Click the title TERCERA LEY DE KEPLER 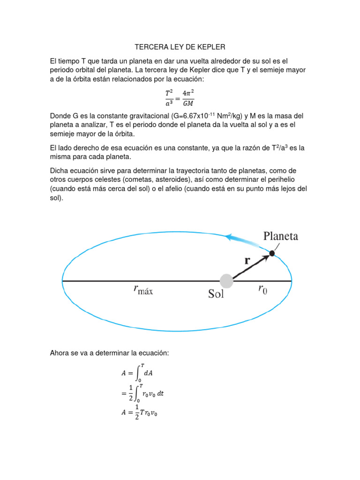click(180, 47)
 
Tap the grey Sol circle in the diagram click(226, 281)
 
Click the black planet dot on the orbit click(272, 253)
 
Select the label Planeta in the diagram click(281, 236)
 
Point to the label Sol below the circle click(216, 294)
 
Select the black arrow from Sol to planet click(251, 266)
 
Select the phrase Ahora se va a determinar click(91, 352)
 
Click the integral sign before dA click(138, 373)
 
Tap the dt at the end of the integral click(160, 394)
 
